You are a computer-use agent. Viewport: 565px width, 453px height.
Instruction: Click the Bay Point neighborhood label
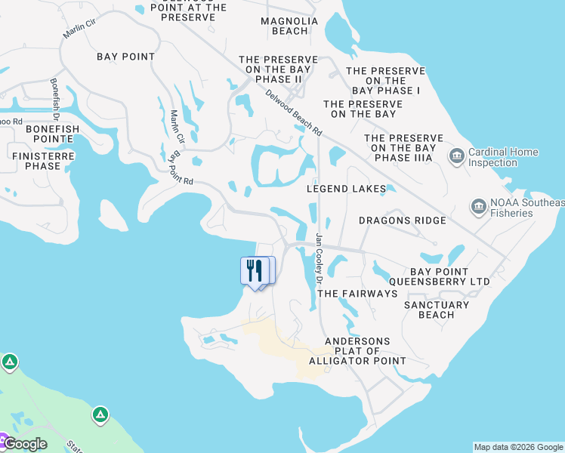click(126, 57)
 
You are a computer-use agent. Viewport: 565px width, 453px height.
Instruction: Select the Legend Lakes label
click(346, 189)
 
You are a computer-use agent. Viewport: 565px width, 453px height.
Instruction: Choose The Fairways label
click(357, 293)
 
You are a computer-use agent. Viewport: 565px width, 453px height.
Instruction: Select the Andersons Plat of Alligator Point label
click(357, 351)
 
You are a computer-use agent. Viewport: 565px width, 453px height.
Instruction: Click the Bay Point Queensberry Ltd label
click(449, 276)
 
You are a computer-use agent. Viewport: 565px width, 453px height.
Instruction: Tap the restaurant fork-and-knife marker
click(255, 270)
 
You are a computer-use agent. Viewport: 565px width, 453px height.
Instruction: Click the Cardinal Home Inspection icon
click(456, 156)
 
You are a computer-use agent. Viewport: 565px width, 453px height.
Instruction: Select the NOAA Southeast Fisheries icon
click(478, 207)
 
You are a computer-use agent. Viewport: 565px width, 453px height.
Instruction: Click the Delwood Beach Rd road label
click(294, 113)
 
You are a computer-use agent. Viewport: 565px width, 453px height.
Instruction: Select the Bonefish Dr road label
click(54, 100)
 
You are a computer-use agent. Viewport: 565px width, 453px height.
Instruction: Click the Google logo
click(26, 444)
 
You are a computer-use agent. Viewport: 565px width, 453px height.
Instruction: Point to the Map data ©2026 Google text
click(518, 447)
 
